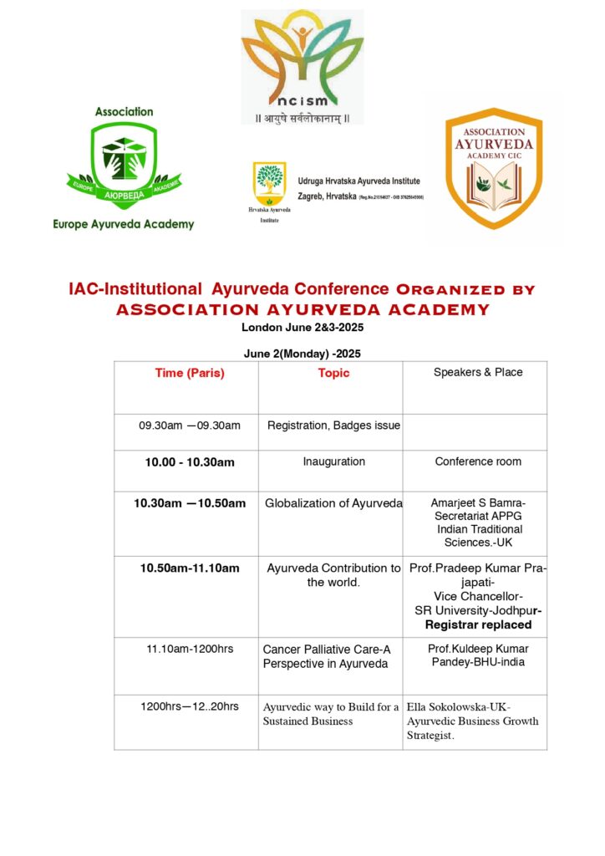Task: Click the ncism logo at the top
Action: click(302, 67)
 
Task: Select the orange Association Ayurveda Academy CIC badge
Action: click(493, 172)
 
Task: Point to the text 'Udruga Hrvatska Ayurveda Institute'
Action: click(359, 181)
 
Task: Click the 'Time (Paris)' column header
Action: click(190, 374)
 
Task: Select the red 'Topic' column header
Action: click(333, 374)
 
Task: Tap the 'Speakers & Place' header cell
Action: click(478, 373)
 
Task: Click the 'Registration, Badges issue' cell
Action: click(333, 426)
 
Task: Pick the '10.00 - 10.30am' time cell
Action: click(190, 462)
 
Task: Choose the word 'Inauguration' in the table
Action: click(333, 461)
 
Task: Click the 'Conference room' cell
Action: click(478, 461)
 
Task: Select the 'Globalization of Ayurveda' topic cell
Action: click(333, 503)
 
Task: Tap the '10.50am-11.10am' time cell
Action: click(190, 568)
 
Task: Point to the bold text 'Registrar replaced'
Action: click(478, 624)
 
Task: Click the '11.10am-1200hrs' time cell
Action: click(190, 649)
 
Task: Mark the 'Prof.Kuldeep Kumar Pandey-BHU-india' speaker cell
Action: click(478, 655)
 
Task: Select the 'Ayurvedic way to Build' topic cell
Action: click(331, 714)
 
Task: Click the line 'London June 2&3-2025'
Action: click(302, 328)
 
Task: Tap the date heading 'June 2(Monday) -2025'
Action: click(302, 354)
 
